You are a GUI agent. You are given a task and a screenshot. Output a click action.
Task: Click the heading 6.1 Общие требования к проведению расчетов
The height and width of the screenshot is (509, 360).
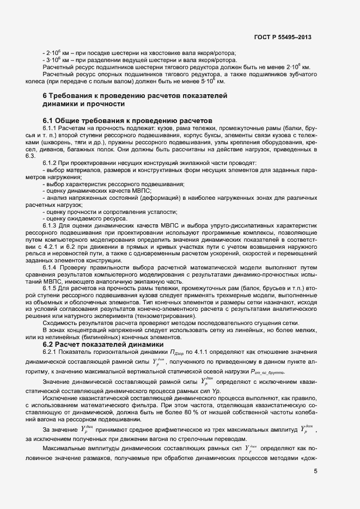point(127,120)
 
